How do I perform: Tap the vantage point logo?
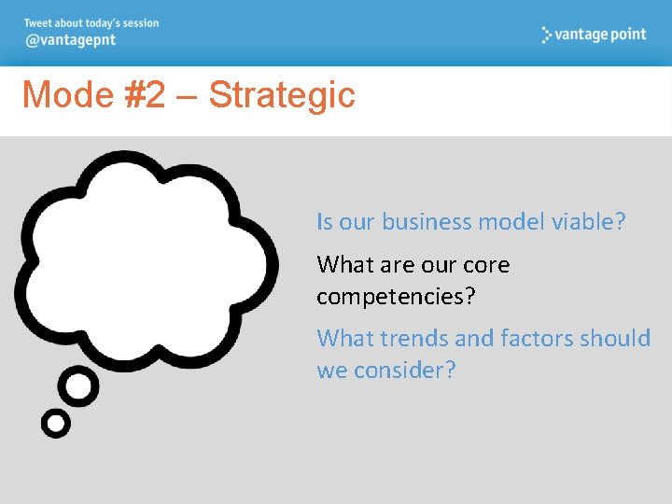[x=594, y=35]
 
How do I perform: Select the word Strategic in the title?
[x=282, y=95]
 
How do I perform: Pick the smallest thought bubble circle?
[x=56, y=424]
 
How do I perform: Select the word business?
[x=427, y=222]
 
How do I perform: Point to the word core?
[x=486, y=265]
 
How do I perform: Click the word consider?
[x=404, y=371]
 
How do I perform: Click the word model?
[x=512, y=222]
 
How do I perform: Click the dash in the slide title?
[x=186, y=96]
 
